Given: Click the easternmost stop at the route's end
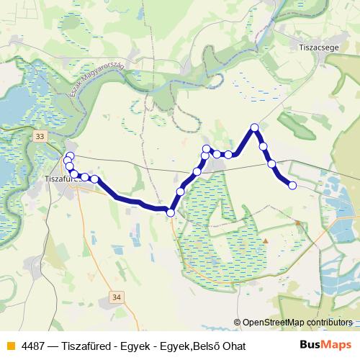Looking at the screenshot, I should [292, 186].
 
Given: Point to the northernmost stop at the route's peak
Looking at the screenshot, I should [254, 127].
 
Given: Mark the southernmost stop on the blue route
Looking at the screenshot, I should [171, 212].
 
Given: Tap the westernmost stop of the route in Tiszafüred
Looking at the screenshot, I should [67, 160].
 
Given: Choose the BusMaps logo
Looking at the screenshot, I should [325, 346].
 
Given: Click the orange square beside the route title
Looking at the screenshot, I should [10, 346].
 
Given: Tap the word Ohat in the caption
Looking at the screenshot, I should [232, 346].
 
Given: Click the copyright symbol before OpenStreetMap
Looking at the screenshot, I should [238, 323].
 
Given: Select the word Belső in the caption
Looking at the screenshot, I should [203, 346].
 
